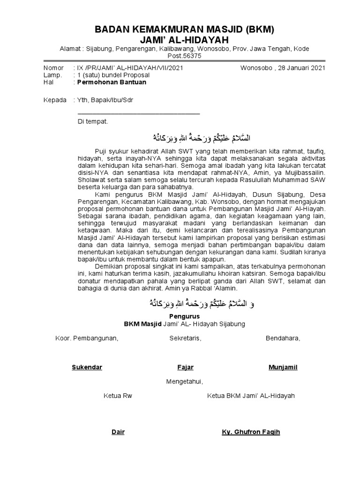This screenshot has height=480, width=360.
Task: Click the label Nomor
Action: (x=53, y=68)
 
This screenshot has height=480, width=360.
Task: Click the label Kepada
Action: (x=55, y=100)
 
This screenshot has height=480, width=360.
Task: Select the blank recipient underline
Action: (x=138, y=113)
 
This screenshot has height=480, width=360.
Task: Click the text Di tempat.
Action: (x=93, y=121)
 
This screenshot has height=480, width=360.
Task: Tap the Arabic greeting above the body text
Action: (x=202, y=138)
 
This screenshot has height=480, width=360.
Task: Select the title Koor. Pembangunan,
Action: (x=87, y=338)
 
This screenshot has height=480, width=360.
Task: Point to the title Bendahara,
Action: (x=283, y=338)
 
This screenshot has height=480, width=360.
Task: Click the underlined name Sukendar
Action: (x=87, y=367)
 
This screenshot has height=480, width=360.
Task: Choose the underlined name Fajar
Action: (x=185, y=367)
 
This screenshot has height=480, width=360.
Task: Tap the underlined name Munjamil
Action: (x=283, y=367)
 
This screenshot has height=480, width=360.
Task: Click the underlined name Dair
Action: (x=118, y=432)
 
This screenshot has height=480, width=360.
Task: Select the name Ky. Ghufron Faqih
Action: (x=251, y=432)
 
